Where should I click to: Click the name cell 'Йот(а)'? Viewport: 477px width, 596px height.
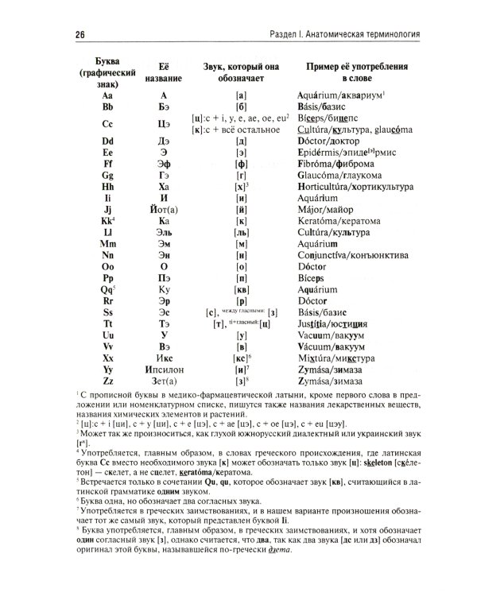[161, 208]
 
